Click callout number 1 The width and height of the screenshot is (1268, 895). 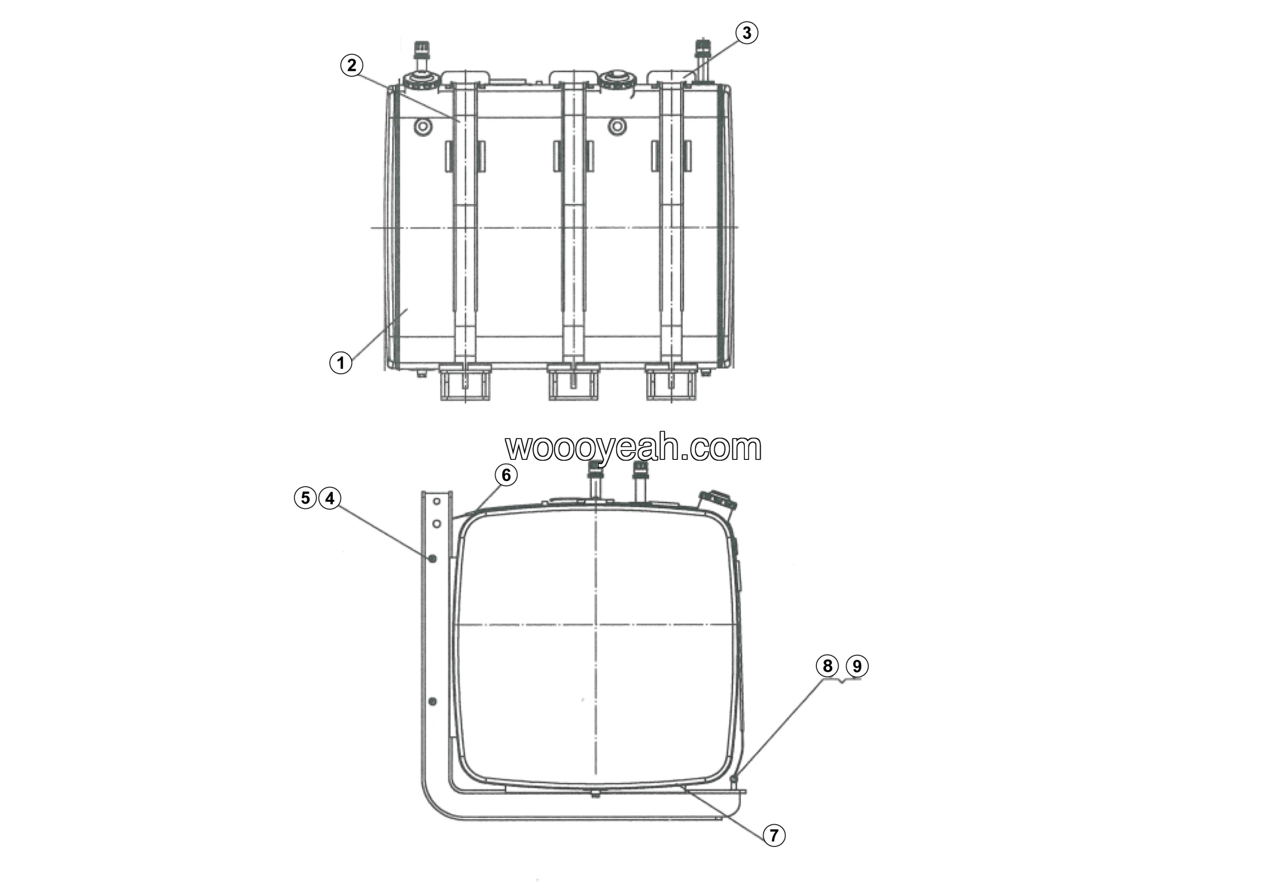click(x=341, y=363)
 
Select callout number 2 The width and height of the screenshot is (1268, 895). click(x=352, y=66)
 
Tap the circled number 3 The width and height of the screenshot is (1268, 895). click(x=746, y=33)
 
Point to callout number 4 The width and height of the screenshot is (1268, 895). click(x=330, y=498)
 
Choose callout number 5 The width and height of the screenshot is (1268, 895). click(x=306, y=498)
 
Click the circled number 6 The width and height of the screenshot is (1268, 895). click(x=506, y=475)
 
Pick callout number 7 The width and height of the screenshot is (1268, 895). click(x=774, y=836)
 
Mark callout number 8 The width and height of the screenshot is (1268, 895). click(x=827, y=666)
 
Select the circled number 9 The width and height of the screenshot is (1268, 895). click(x=857, y=666)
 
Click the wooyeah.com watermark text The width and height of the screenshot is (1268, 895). click(x=634, y=447)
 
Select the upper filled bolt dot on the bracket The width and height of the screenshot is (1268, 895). click(x=433, y=558)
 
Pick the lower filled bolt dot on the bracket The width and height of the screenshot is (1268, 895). click(x=433, y=701)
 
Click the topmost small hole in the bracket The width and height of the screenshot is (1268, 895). click(x=436, y=501)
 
